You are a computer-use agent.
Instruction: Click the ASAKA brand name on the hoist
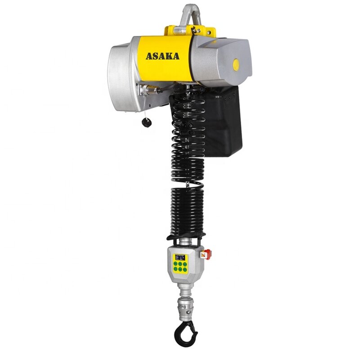tap(162, 56)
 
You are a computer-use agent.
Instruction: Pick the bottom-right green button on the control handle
tap(186, 275)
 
